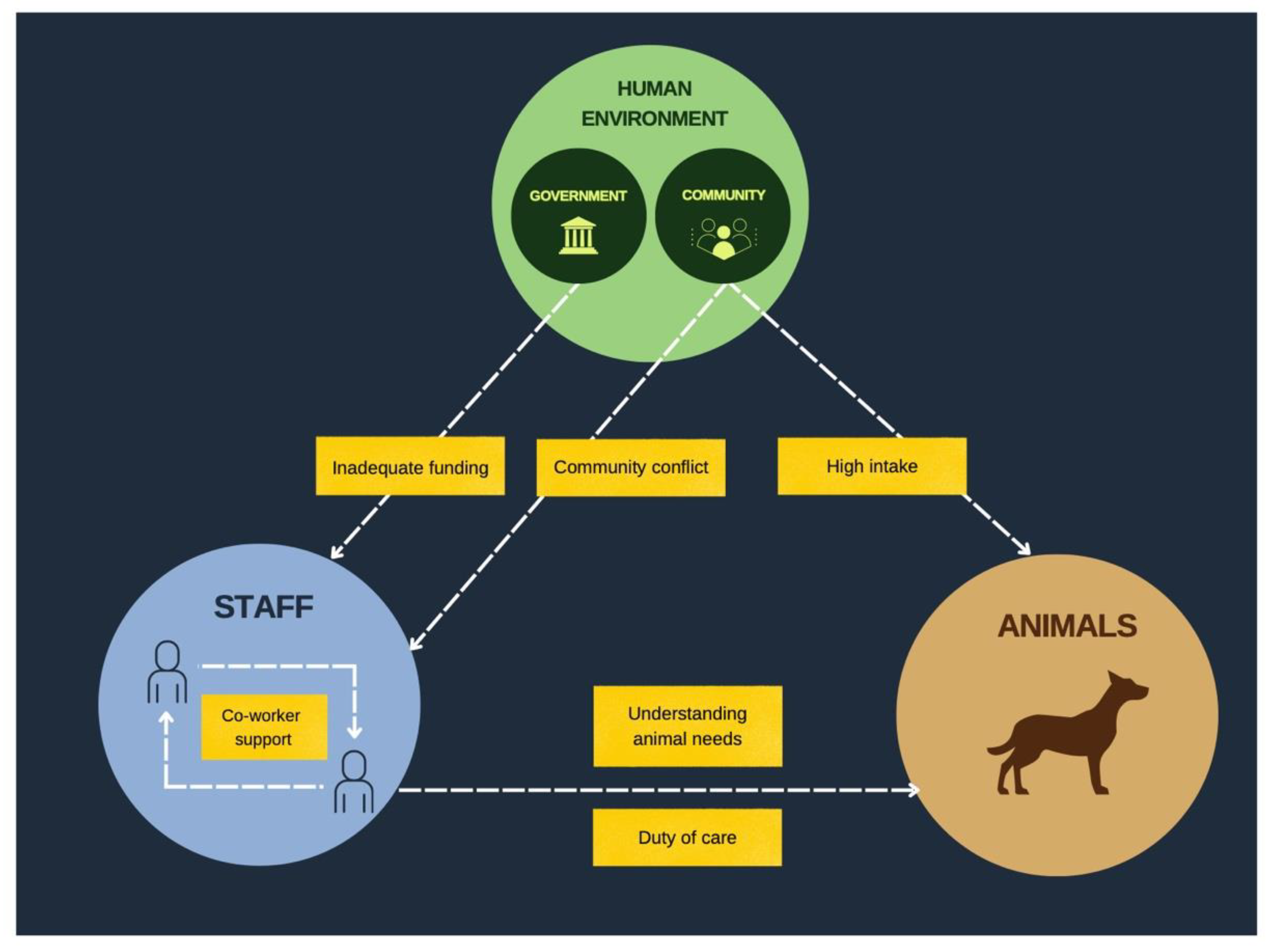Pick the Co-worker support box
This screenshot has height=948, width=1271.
click(x=264, y=727)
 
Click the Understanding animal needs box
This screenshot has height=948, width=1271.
click(x=687, y=726)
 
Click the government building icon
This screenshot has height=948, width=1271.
click(x=578, y=235)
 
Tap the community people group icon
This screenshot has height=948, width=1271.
click(x=723, y=239)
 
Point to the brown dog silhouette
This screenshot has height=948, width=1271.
click(x=1067, y=740)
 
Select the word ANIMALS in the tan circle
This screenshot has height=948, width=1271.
click(x=1067, y=626)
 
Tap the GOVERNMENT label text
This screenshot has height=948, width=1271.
click(x=578, y=196)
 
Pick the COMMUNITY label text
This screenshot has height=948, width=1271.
click(x=723, y=195)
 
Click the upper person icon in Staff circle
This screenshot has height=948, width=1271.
click(x=167, y=671)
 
